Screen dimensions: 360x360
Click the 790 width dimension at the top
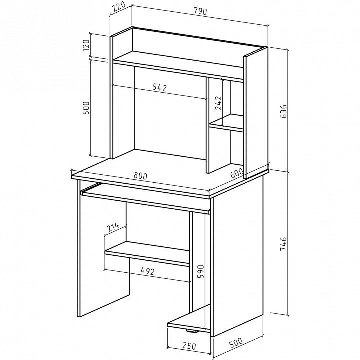[x=200, y=11]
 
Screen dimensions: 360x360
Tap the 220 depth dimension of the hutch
[x=119, y=7]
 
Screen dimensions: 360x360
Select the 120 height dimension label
[x=86, y=45]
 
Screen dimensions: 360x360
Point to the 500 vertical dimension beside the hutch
[x=86, y=108]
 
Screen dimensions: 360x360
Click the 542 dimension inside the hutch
[x=160, y=87]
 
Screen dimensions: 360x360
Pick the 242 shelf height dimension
[x=219, y=103]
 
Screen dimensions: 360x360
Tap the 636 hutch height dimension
[x=284, y=111]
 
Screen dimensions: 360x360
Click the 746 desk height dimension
[x=284, y=244]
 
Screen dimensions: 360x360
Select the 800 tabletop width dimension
[x=140, y=176]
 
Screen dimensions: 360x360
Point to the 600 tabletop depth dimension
[x=237, y=173]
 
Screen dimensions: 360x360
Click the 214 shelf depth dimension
[x=113, y=227]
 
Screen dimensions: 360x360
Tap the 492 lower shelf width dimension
[x=147, y=271]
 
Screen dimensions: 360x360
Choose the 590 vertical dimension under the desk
[x=200, y=271]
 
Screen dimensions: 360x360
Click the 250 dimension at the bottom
[x=189, y=346]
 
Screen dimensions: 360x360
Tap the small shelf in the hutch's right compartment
[x=227, y=123]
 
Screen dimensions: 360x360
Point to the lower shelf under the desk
[x=147, y=254]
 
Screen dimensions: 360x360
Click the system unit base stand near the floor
[x=189, y=319]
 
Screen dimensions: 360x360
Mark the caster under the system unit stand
[x=192, y=331]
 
